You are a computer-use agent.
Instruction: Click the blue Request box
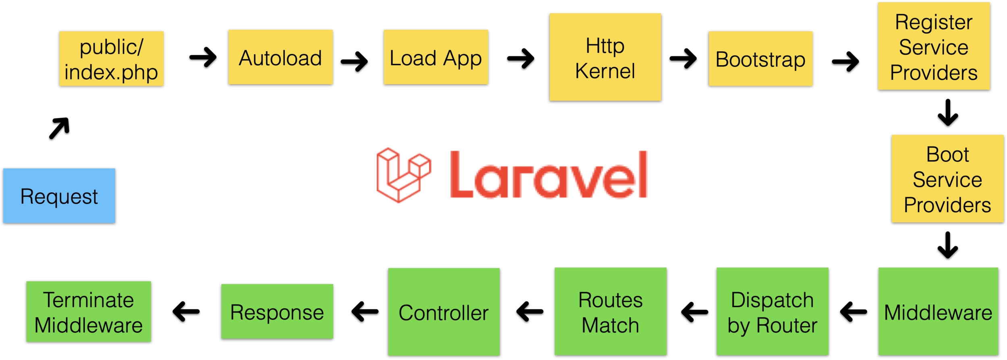click(59, 196)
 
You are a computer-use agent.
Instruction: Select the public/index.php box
click(112, 59)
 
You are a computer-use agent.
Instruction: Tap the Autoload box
click(280, 57)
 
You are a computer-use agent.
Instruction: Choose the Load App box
click(436, 57)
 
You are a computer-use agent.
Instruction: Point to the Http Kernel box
click(605, 57)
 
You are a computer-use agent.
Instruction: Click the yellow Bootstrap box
click(760, 59)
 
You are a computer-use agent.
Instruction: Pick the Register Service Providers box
click(934, 46)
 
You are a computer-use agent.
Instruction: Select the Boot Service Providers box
click(947, 178)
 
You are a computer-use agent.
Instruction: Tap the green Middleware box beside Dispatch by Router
click(938, 311)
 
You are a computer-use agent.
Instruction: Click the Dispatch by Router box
click(772, 311)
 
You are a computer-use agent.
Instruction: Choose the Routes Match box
click(610, 311)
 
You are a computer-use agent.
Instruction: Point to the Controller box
click(444, 312)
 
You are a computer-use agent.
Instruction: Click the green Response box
click(277, 311)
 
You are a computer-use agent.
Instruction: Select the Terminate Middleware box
click(89, 312)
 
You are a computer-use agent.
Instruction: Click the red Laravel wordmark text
click(549, 175)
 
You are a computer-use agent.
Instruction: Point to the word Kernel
click(605, 71)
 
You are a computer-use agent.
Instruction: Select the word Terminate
click(89, 300)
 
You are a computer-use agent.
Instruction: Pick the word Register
click(934, 22)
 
